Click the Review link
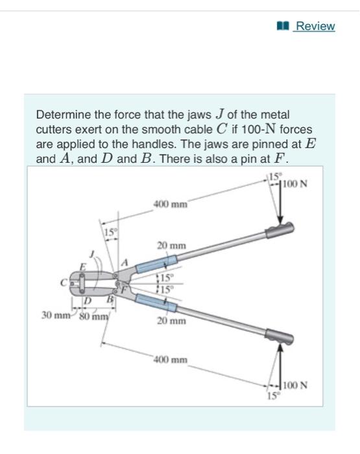click(x=315, y=26)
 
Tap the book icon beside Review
click(x=282, y=26)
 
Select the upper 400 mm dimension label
click(x=171, y=204)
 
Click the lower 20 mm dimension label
click(x=173, y=321)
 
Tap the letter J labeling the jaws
click(x=91, y=254)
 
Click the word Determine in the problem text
click(x=62, y=115)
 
